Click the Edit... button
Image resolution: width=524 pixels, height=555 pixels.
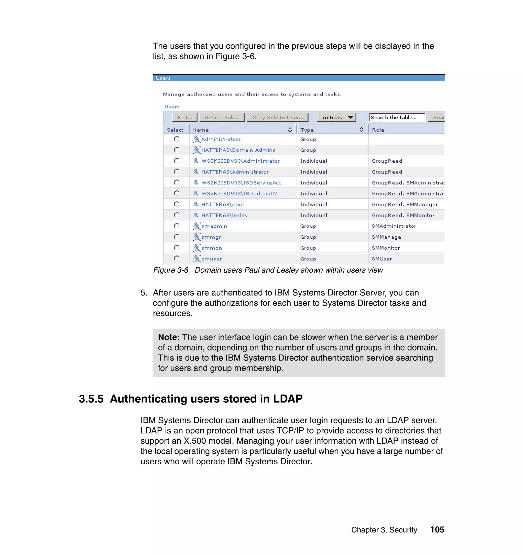[x=185, y=117]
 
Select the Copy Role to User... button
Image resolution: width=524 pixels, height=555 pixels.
[x=277, y=117]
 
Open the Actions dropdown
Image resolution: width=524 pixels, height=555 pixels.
[x=336, y=117]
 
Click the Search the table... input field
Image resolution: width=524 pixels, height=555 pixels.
[x=397, y=117]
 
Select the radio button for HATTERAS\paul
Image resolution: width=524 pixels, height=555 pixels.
[x=177, y=204]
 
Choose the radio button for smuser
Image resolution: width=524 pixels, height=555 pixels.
[x=177, y=258]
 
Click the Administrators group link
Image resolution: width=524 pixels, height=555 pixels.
[x=221, y=139]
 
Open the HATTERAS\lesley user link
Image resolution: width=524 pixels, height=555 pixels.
[x=224, y=215]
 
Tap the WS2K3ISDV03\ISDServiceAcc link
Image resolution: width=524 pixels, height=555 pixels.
[x=241, y=183]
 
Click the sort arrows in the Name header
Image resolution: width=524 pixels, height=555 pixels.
[x=290, y=130]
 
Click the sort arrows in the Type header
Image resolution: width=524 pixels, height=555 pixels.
[x=361, y=130]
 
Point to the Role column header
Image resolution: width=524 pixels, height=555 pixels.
[x=378, y=130]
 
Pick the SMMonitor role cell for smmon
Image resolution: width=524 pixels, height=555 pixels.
[x=386, y=248]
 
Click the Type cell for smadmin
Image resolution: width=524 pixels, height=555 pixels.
[x=308, y=226]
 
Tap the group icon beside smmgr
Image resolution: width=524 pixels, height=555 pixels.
[x=197, y=237]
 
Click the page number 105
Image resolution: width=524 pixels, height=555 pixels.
[x=437, y=530]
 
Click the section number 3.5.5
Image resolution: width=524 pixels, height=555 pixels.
[x=91, y=399]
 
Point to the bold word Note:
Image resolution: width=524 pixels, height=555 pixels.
[x=169, y=337]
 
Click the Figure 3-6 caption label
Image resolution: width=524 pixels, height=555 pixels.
[x=171, y=270]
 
